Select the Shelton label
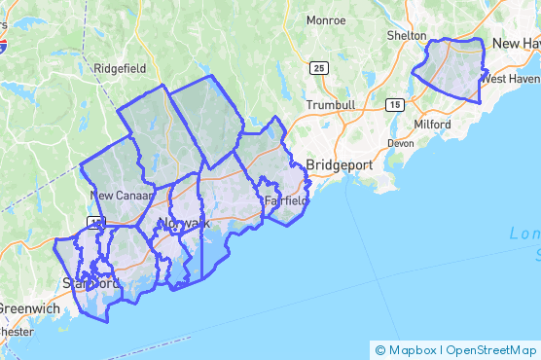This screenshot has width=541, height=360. click(x=406, y=35)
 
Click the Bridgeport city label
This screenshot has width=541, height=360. click(x=339, y=165)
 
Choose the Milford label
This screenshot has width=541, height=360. click(x=431, y=125)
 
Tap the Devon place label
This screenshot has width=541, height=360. click(x=400, y=143)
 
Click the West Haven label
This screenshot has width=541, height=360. click(x=512, y=79)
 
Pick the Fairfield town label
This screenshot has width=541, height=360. click(x=286, y=201)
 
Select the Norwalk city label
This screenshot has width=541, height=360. click(x=183, y=224)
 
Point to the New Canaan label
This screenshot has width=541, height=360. click(x=122, y=196)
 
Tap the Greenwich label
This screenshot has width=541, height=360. click(x=29, y=308)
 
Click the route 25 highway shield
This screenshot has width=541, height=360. click(x=320, y=68)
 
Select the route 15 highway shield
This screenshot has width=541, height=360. click(x=396, y=103)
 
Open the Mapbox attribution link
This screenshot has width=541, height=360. click(x=412, y=350)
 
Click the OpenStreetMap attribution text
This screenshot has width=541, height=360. click(x=493, y=350)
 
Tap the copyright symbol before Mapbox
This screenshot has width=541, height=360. click(x=380, y=350)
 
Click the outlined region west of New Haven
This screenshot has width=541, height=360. click(x=451, y=70)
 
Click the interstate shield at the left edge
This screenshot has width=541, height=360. click(x=3, y=45)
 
